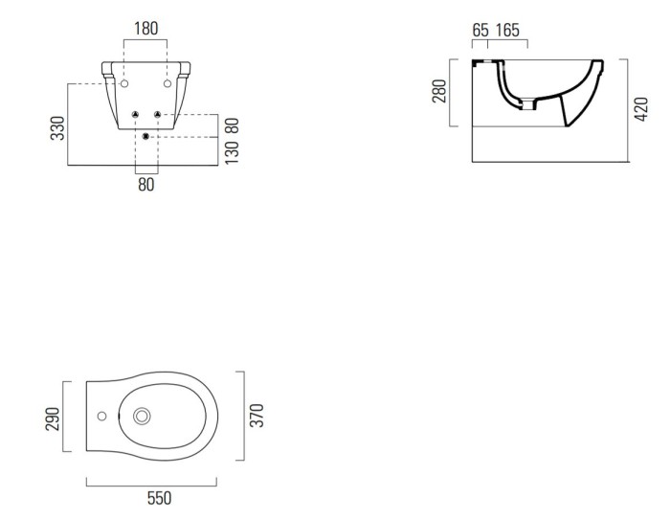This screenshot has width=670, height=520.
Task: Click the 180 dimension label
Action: tap(146, 30)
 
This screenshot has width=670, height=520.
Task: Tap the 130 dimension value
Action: tap(231, 152)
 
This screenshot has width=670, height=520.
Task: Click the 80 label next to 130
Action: tap(231, 124)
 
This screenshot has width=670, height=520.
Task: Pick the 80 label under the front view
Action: tap(145, 185)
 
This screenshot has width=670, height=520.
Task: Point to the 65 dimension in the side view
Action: tap(480, 31)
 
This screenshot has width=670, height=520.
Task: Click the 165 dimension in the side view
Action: tap(508, 31)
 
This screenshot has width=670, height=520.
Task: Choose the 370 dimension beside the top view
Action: tap(257, 415)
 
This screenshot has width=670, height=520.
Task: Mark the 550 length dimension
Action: tap(159, 498)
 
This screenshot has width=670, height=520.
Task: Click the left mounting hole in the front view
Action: tap(125, 84)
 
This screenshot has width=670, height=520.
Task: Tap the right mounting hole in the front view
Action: tap(167, 84)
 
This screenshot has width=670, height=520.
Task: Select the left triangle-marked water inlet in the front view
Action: tap(136, 115)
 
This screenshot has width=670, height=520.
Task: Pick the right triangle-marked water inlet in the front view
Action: tap(157, 115)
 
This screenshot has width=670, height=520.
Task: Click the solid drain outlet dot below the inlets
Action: tap(145, 137)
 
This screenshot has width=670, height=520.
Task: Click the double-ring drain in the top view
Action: tap(144, 417)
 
